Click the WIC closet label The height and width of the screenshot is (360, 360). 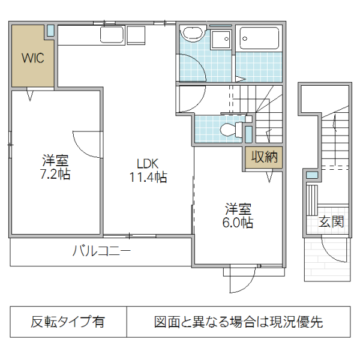click(33, 58)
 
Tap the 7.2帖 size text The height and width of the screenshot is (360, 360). click(55, 175)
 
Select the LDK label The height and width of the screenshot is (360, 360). click(147, 163)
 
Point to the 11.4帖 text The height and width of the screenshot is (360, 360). click(147, 177)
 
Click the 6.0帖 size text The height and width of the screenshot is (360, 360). click(238, 223)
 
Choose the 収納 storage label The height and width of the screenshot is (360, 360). click(264, 158)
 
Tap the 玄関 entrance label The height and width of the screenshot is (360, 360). click(331, 222)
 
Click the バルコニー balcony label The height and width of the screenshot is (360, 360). click(101, 251)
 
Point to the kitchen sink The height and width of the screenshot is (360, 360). click(112, 35)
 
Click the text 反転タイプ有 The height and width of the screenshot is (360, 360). click(67, 322)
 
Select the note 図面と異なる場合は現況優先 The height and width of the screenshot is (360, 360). click(238, 322)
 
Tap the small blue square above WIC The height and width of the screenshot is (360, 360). click(50, 29)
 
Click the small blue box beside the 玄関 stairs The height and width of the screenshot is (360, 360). click(311, 175)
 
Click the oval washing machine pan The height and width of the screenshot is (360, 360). click(193, 34)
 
